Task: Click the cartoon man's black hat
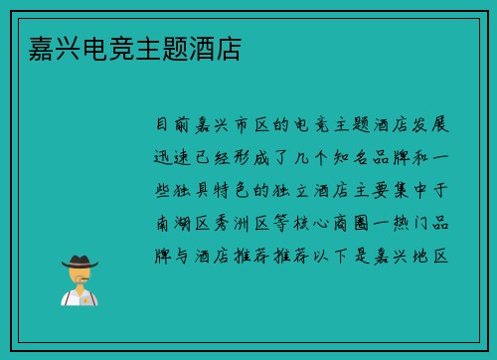[x=79, y=261]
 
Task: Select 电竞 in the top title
[x=97, y=48]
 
